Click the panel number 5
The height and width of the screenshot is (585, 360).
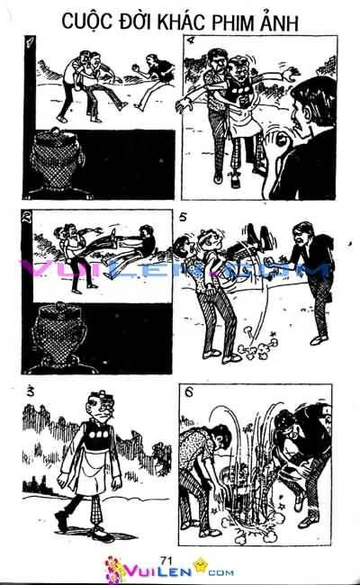tap(183, 217)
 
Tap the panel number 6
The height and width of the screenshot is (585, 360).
tap(183, 393)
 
